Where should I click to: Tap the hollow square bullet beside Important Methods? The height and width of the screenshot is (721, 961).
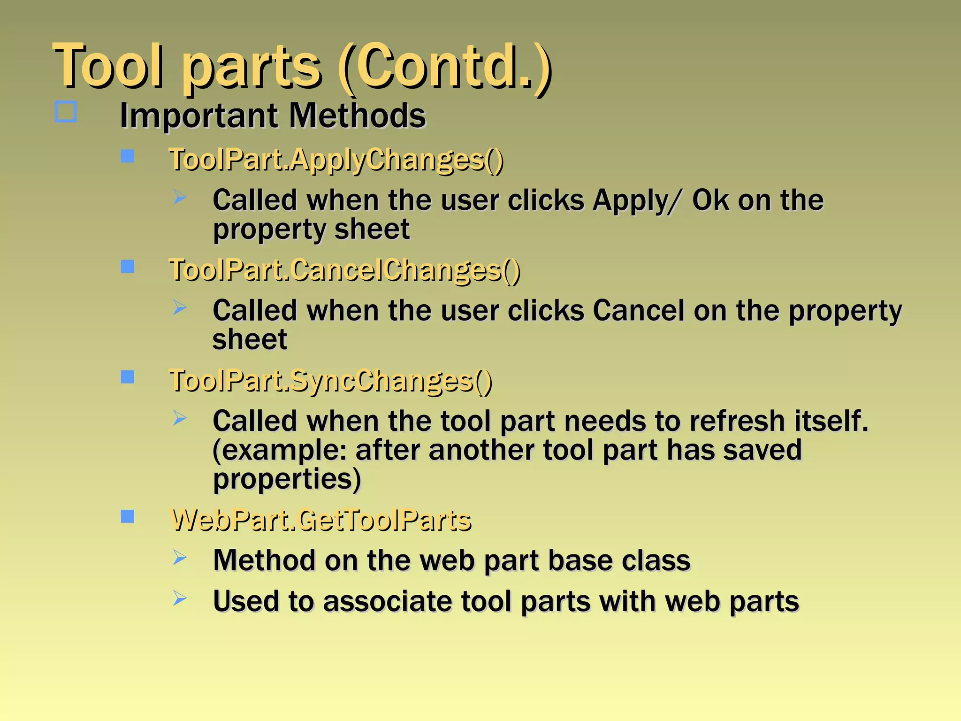click(66, 112)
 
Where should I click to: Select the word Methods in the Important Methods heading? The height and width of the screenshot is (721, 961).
click(357, 116)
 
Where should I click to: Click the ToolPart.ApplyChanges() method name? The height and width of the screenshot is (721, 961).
click(336, 160)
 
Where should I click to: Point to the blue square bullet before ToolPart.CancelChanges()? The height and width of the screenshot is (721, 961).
click(128, 267)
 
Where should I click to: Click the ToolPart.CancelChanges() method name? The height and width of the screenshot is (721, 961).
click(344, 271)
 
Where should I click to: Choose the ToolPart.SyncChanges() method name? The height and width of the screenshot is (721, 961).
click(330, 381)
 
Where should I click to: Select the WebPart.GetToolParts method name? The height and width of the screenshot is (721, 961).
click(321, 521)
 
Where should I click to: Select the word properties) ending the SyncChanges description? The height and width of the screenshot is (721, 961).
click(287, 480)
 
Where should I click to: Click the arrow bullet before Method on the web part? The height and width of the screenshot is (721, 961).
click(180, 558)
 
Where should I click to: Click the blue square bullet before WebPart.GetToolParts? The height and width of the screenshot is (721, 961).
click(128, 516)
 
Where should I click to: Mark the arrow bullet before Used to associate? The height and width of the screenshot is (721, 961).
click(180, 598)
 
